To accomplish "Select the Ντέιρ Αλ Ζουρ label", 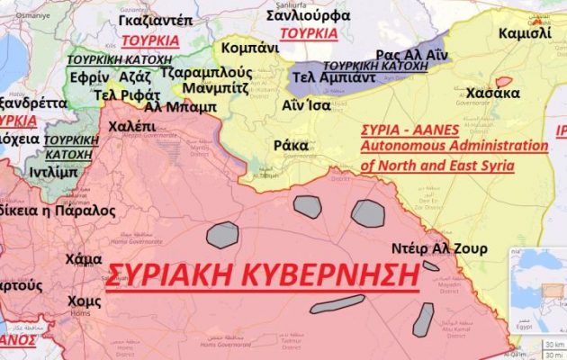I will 438,247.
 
